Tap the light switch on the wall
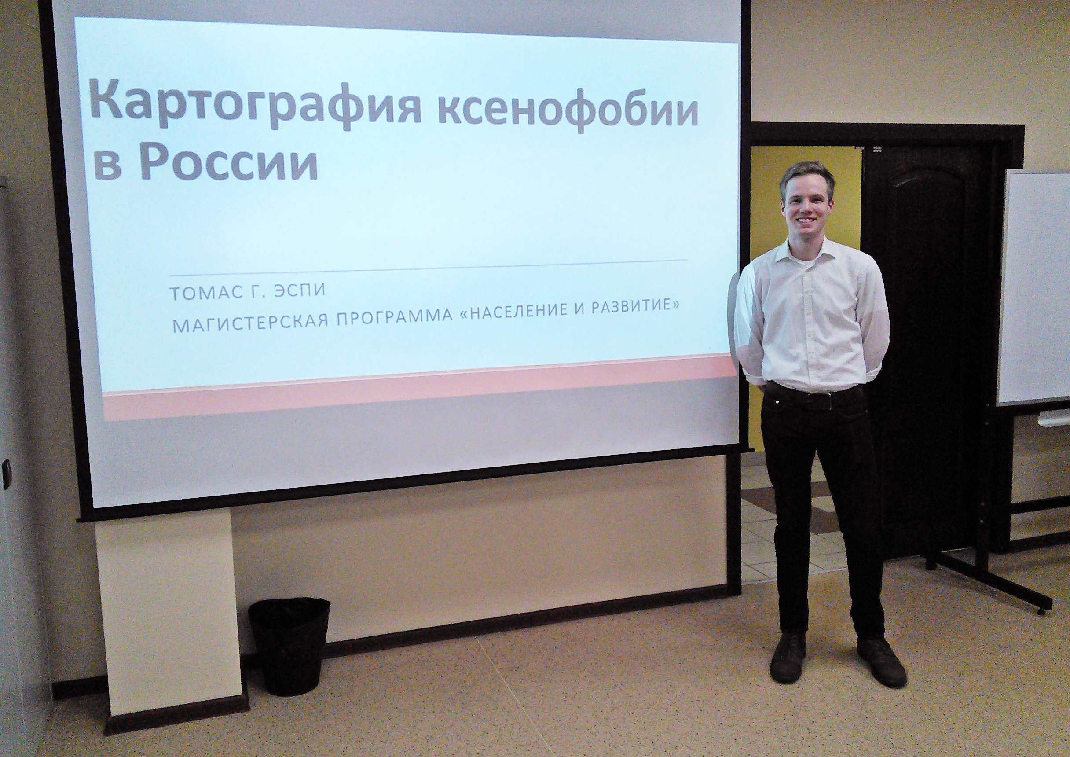tap(6, 468)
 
